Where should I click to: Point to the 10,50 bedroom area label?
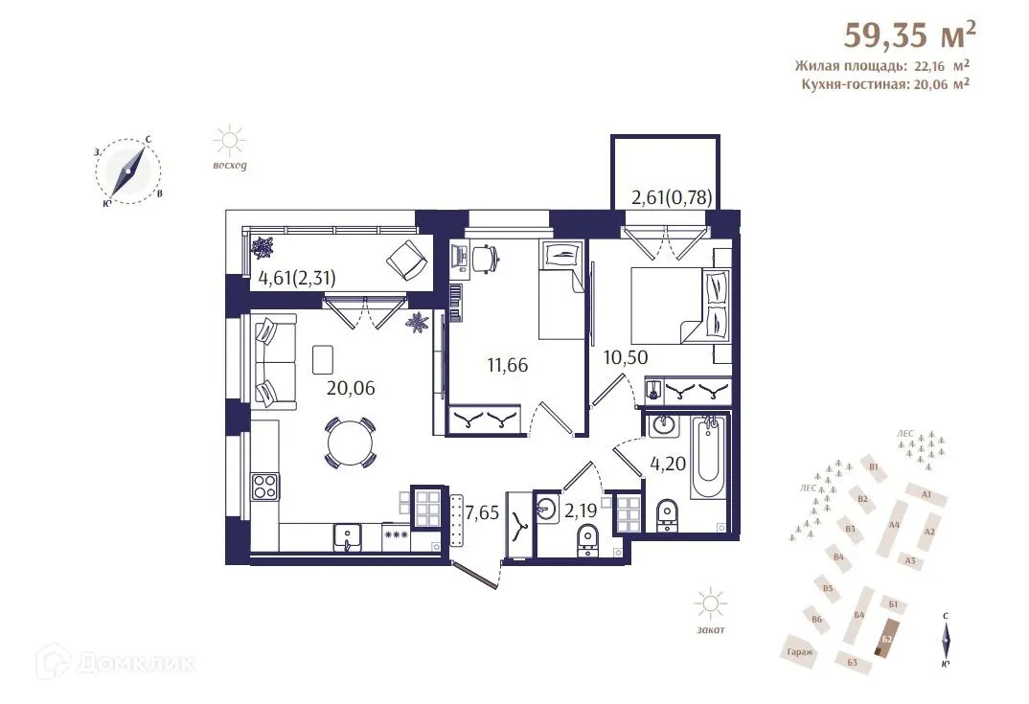[627, 357]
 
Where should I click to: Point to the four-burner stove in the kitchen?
[263, 487]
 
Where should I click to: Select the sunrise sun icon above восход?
[230, 142]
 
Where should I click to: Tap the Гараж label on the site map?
[800, 651]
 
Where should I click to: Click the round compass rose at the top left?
[128, 171]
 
